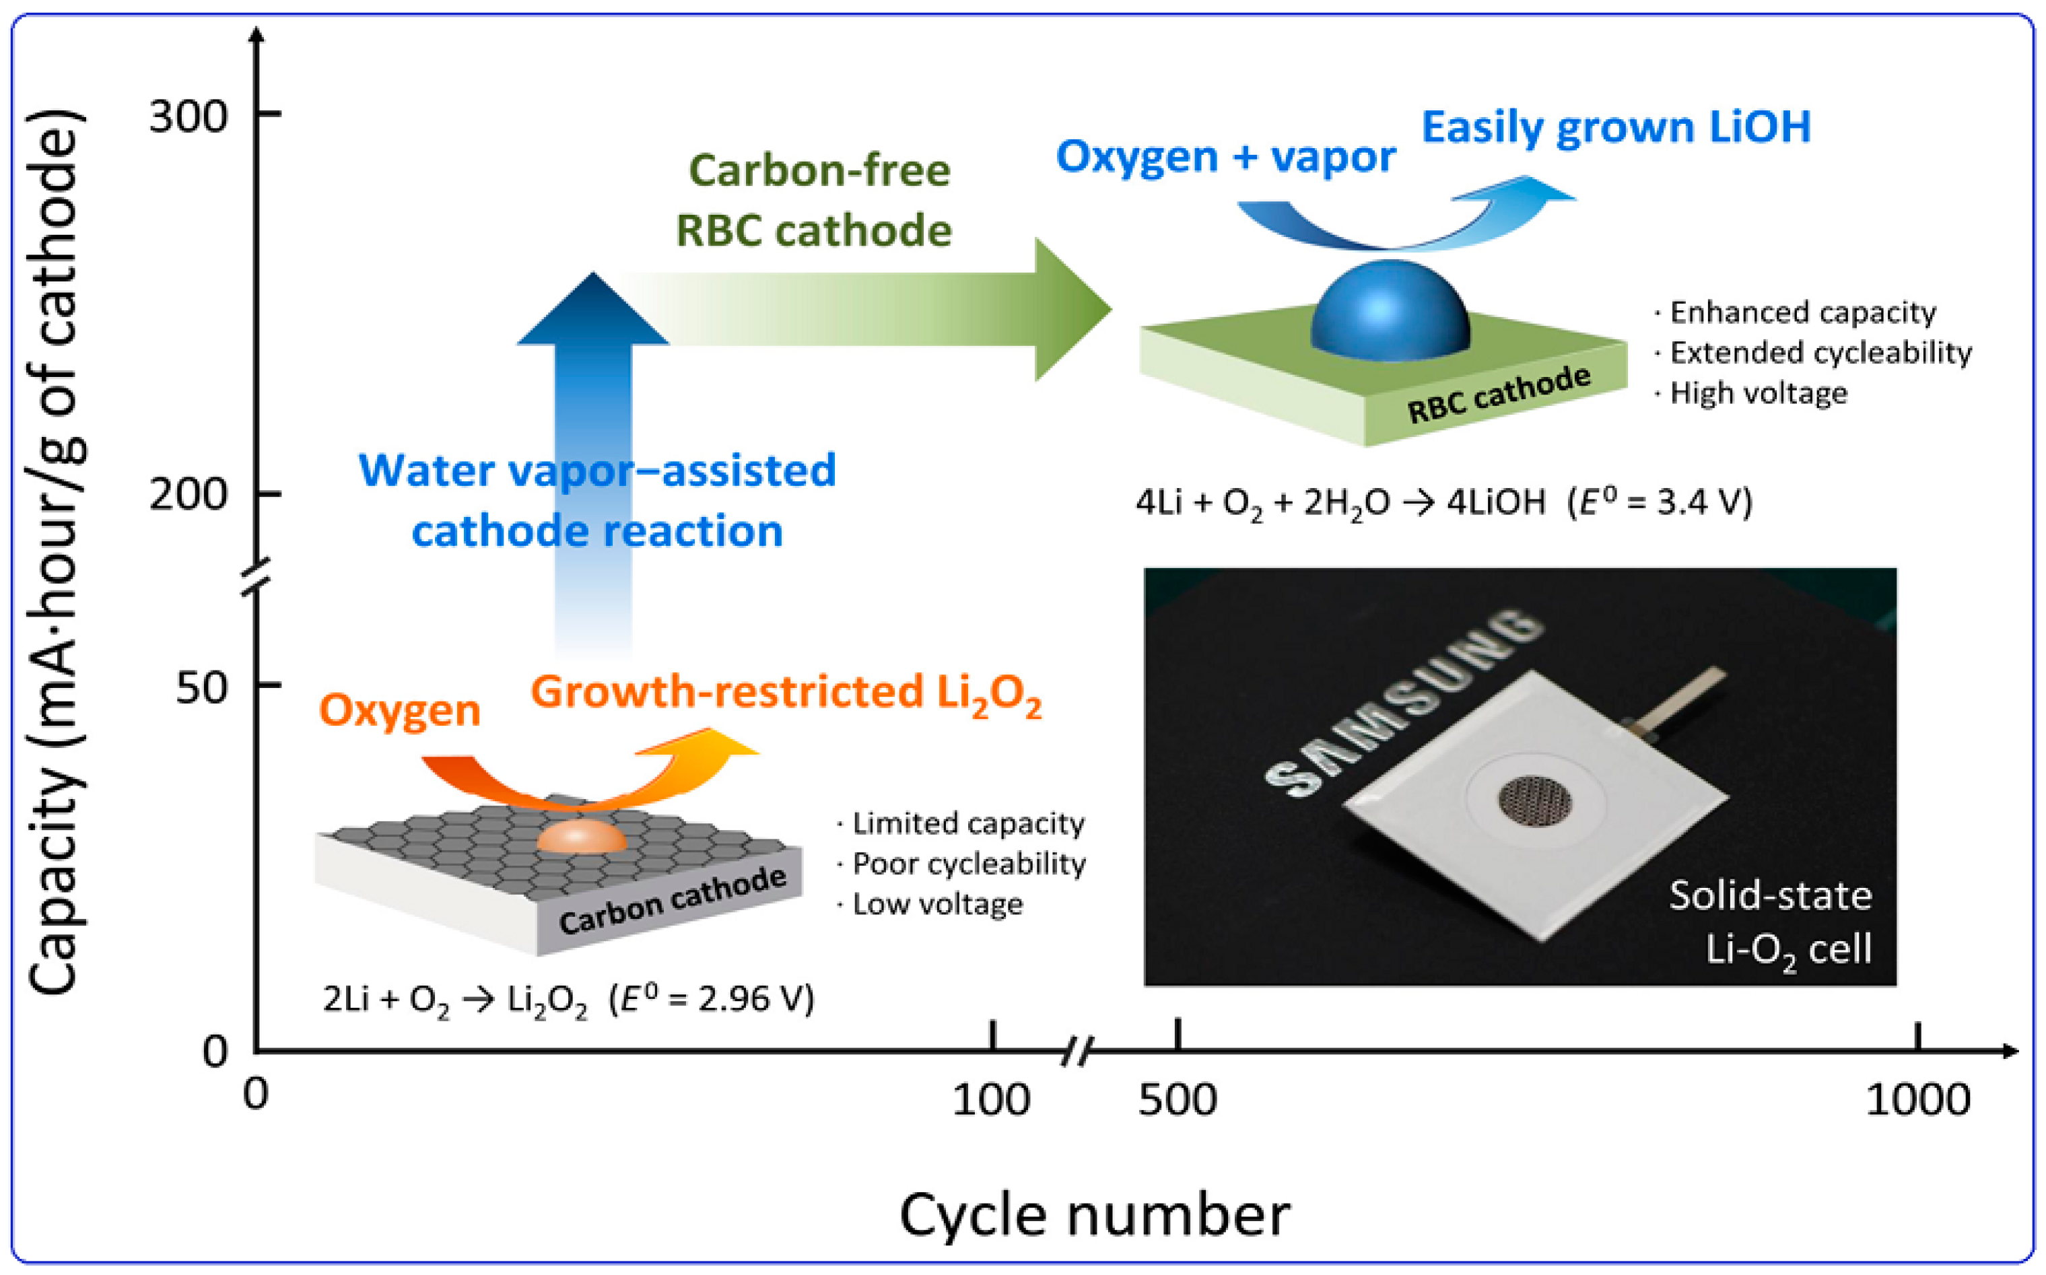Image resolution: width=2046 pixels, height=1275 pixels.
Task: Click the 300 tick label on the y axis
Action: [x=187, y=116]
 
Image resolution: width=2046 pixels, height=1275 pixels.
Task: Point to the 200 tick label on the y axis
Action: [x=187, y=494]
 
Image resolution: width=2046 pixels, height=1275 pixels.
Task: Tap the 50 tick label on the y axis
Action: [x=201, y=687]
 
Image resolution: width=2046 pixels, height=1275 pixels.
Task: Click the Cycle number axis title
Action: [x=1094, y=1215]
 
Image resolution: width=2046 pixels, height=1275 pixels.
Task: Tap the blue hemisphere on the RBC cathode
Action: [x=1389, y=308]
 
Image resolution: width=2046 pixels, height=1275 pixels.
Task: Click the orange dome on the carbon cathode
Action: [x=582, y=837]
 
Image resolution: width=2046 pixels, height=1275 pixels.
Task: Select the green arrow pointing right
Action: [x=868, y=308]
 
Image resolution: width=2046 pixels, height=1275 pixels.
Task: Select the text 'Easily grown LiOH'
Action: [x=1616, y=128]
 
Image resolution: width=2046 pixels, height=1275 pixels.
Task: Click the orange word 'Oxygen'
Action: [x=399, y=711]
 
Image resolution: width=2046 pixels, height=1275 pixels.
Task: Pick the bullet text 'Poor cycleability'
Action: [x=968, y=864]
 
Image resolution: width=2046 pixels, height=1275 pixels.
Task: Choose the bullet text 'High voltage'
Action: [x=1758, y=394]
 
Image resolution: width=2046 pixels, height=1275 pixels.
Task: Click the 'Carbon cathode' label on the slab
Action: [x=672, y=900]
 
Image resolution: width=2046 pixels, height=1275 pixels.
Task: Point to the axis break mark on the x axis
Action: [x=1075, y=1052]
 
